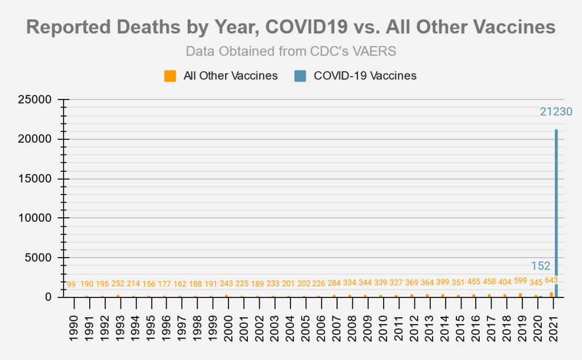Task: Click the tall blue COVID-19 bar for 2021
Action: (x=556, y=210)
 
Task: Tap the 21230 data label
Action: (x=556, y=112)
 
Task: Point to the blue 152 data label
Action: (x=541, y=266)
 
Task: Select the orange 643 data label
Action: (x=551, y=280)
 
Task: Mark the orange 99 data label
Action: (x=71, y=284)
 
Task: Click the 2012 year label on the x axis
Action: (x=414, y=326)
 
